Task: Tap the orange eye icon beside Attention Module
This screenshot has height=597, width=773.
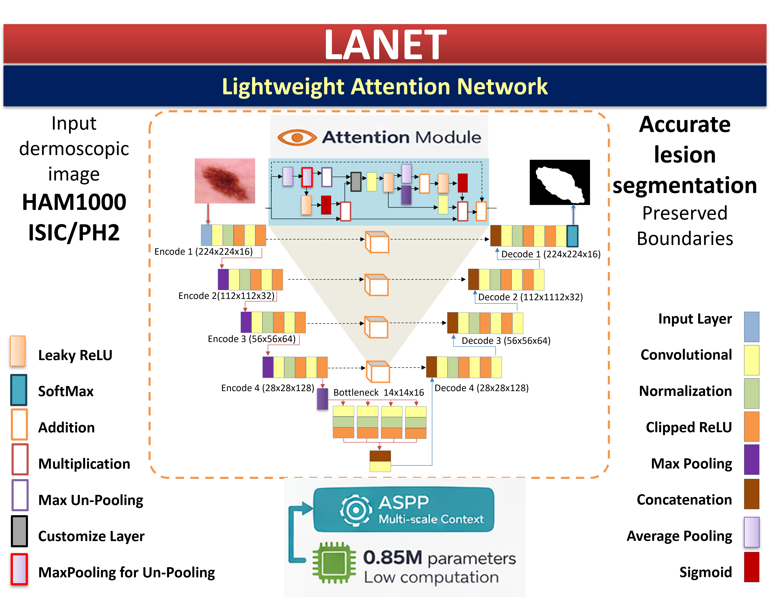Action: tap(297, 137)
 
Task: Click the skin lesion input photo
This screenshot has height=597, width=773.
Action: tap(225, 181)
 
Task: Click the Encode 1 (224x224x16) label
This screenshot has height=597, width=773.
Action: tap(204, 252)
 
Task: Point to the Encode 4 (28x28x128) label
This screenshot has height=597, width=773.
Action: tap(268, 388)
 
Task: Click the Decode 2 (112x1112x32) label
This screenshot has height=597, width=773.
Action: tap(530, 297)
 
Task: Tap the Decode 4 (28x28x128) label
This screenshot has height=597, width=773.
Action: tap(481, 388)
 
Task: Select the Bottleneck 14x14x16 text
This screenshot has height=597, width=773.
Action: tap(378, 393)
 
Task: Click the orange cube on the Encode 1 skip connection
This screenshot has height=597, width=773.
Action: tap(377, 242)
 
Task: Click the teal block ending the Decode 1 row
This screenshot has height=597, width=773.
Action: tap(572, 236)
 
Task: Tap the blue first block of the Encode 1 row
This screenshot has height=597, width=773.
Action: tap(206, 235)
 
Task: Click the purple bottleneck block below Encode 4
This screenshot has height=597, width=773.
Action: tap(322, 399)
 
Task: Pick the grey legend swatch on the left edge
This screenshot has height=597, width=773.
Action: tap(19, 531)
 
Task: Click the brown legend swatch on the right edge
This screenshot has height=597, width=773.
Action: tap(752, 494)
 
